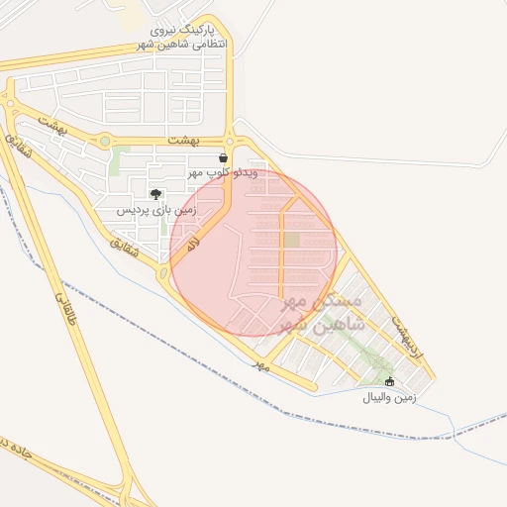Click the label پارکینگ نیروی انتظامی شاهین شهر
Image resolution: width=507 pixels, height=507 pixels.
pyautogui.click(x=184, y=38)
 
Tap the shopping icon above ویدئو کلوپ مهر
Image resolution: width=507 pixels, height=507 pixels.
pyautogui.click(x=223, y=157)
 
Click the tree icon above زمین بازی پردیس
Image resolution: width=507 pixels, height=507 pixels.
pyautogui.click(x=154, y=194)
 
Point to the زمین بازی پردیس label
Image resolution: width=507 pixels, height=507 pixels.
pyautogui.click(x=157, y=210)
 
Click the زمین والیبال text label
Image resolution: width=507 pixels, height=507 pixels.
pyautogui.click(x=389, y=397)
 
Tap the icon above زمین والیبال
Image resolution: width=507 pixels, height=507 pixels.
pyautogui.click(x=389, y=381)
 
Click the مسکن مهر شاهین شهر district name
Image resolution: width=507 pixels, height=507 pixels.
pyautogui.click(x=323, y=311)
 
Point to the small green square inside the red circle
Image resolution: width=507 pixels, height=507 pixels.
pyautogui.click(x=291, y=240)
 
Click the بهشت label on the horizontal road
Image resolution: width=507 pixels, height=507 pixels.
pyautogui.click(x=184, y=142)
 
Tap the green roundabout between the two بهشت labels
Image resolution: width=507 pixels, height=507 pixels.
pyautogui.click(x=104, y=142)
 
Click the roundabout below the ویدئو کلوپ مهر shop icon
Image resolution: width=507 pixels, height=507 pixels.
pyautogui.click(x=231, y=142)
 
